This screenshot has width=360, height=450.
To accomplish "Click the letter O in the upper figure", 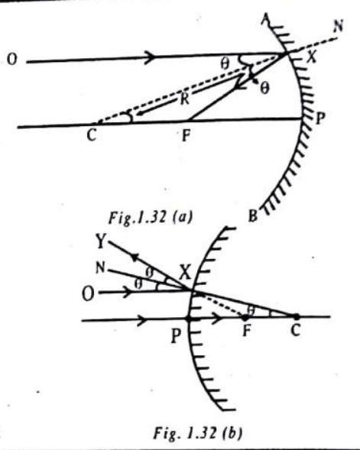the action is (x=11, y=60).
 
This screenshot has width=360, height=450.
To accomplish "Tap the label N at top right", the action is (x=338, y=27).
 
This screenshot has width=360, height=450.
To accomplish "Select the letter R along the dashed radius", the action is (x=185, y=99).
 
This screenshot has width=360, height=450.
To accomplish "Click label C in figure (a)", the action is (x=91, y=135).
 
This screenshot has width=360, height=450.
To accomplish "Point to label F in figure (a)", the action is (x=186, y=135).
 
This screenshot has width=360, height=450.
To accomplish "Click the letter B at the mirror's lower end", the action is (x=253, y=215).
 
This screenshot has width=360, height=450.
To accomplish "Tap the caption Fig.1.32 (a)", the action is (x=150, y=217).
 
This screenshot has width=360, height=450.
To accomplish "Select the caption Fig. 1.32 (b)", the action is (x=197, y=432).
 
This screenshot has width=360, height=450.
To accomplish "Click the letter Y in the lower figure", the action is (x=101, y=241).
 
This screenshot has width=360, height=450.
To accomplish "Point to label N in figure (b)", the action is (x=100, y=268).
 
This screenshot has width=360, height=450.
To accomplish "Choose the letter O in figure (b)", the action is (x=88, y=294).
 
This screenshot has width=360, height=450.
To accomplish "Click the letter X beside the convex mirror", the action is (x=185, y=273).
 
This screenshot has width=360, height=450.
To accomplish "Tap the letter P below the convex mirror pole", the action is (x=177, y=335).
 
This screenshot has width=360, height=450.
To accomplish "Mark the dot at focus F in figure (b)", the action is (x=245, y=317).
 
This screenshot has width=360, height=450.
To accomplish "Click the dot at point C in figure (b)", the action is (x=296, y=317).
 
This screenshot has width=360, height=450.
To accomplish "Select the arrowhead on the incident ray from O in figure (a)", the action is (x=151, y=55).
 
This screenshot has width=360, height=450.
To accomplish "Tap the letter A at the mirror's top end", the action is (x=266, y=20).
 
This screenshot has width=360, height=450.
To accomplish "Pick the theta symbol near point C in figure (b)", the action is (x=251, y=310).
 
